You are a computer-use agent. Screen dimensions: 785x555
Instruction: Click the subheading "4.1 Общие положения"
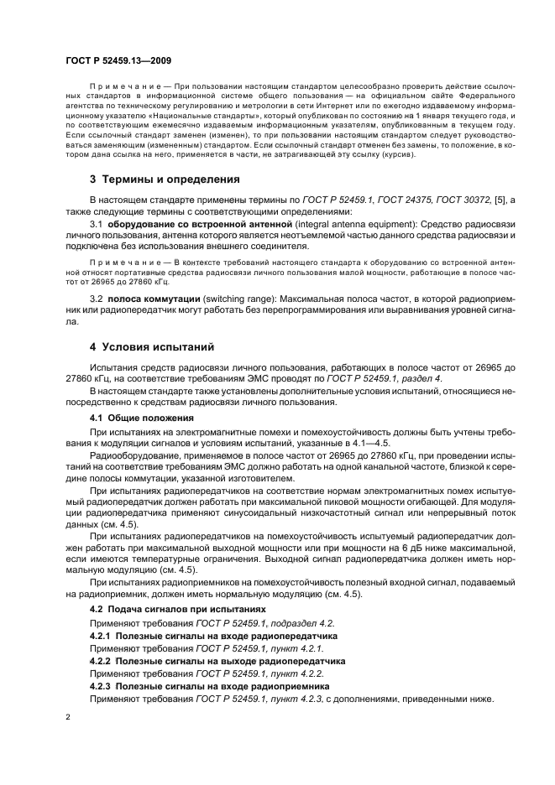139,417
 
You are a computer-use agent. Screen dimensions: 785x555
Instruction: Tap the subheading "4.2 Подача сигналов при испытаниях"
177,608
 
